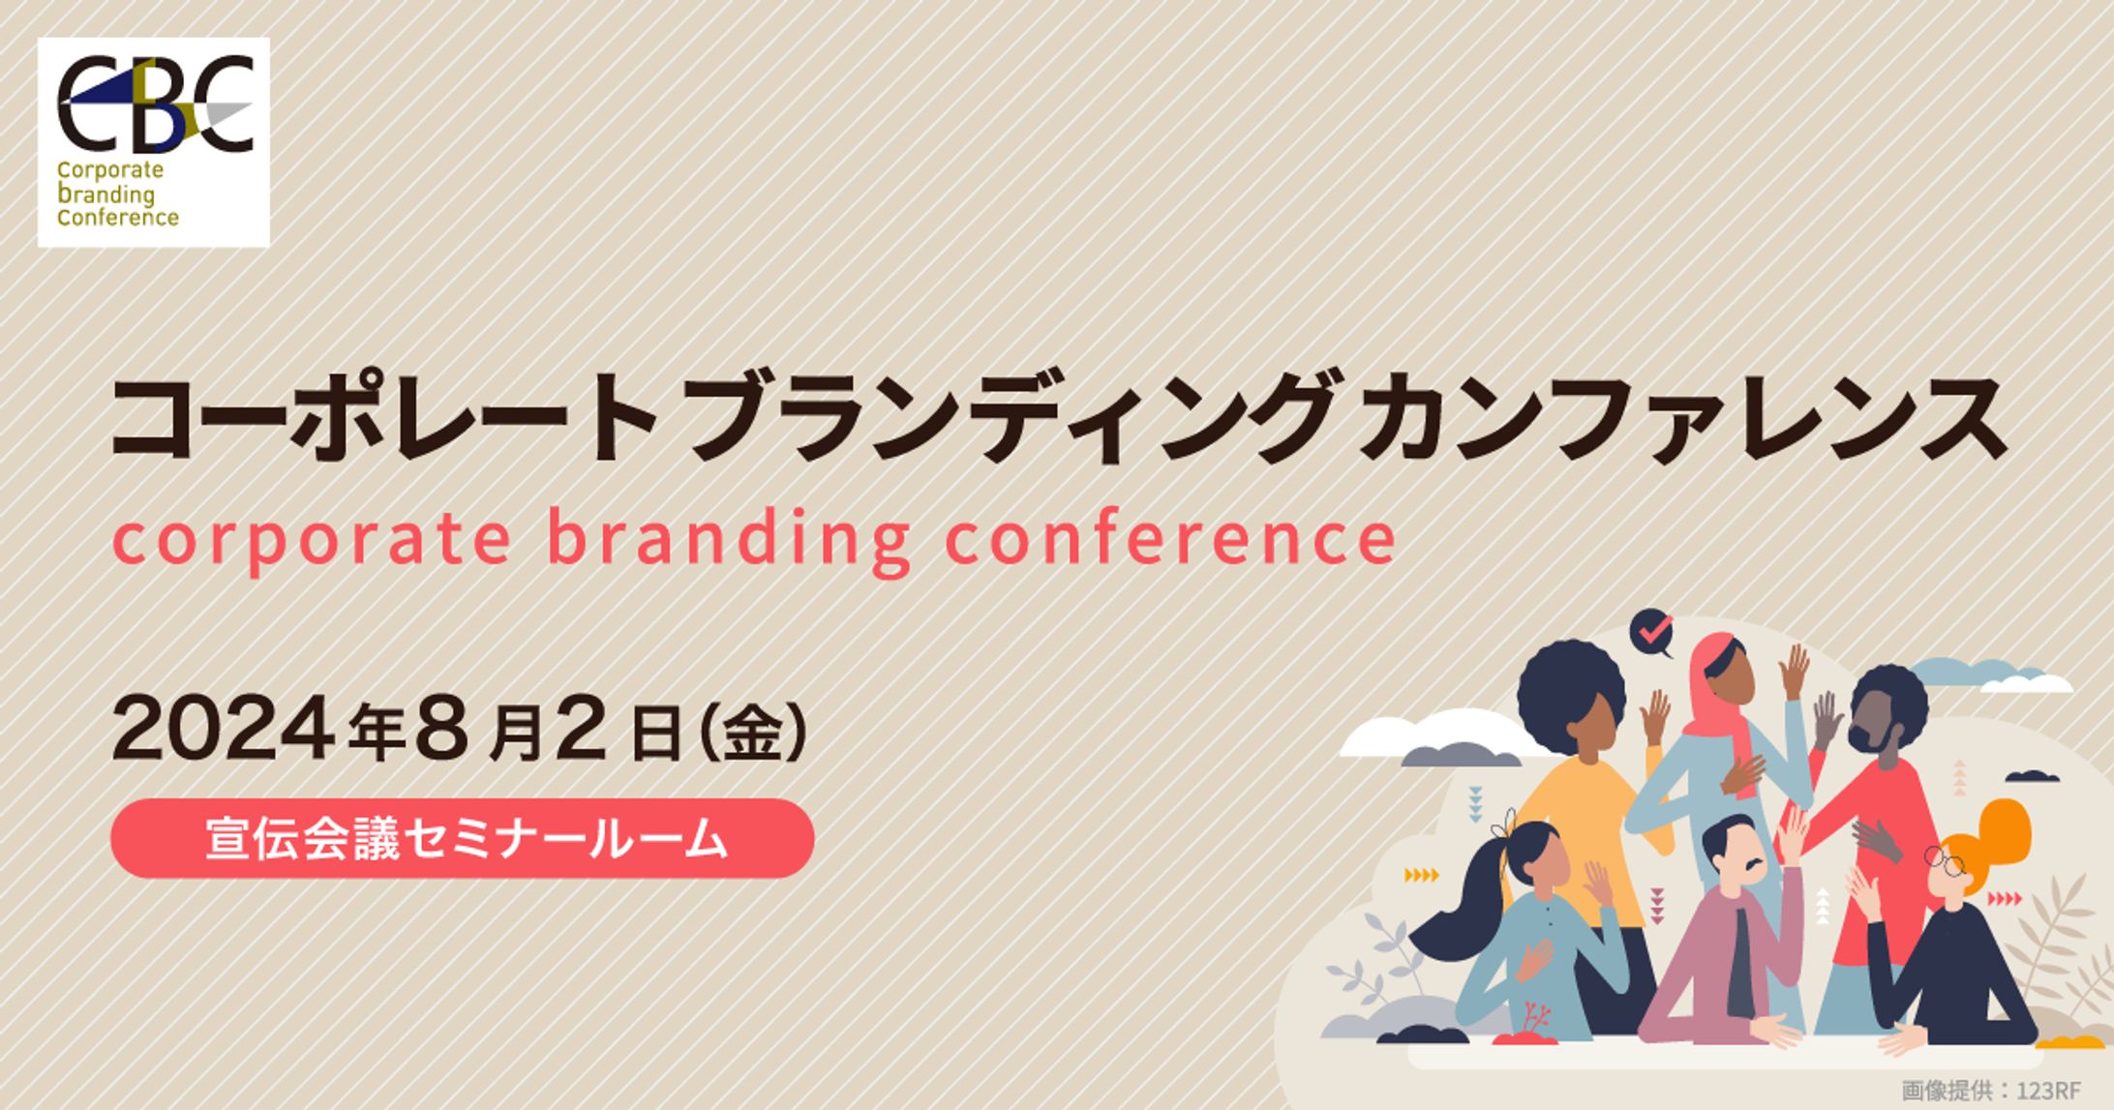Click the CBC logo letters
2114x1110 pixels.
pyautogui.click(x=155, y=104)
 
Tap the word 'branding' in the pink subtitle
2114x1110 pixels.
pyautogui.click(x=729, y=539)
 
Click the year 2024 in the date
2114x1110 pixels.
pyautogui.click(x=225, y=729)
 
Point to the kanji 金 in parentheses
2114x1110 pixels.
pyautogui.click(x=752, y=733)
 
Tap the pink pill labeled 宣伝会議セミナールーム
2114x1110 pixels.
pyautogui.click(x=463, y=838)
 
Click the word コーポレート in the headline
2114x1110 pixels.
pyautogui.click(x=385, y=418)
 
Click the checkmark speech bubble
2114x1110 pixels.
pyautogui.click(x=1652, y=633)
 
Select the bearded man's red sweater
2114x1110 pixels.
pyautogui.click(x=1868, y=852)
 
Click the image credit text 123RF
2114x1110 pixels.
pyautogui.click(x=2048, y=1091)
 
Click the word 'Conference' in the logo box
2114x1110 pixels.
pyautogui.click(x=118, y=217)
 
